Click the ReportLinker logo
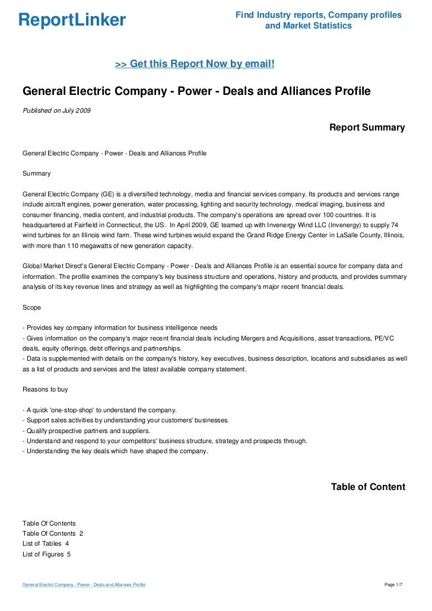72,20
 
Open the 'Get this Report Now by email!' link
195,63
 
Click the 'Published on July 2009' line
56,110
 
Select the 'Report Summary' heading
367,128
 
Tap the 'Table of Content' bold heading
367,487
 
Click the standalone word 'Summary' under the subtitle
36,174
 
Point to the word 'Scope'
32,308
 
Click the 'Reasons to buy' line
45,390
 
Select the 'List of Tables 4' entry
46,543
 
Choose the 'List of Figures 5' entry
47,553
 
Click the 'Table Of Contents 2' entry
53,533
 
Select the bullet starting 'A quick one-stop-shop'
99,410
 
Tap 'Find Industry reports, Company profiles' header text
318,15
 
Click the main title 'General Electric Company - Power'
196,91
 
